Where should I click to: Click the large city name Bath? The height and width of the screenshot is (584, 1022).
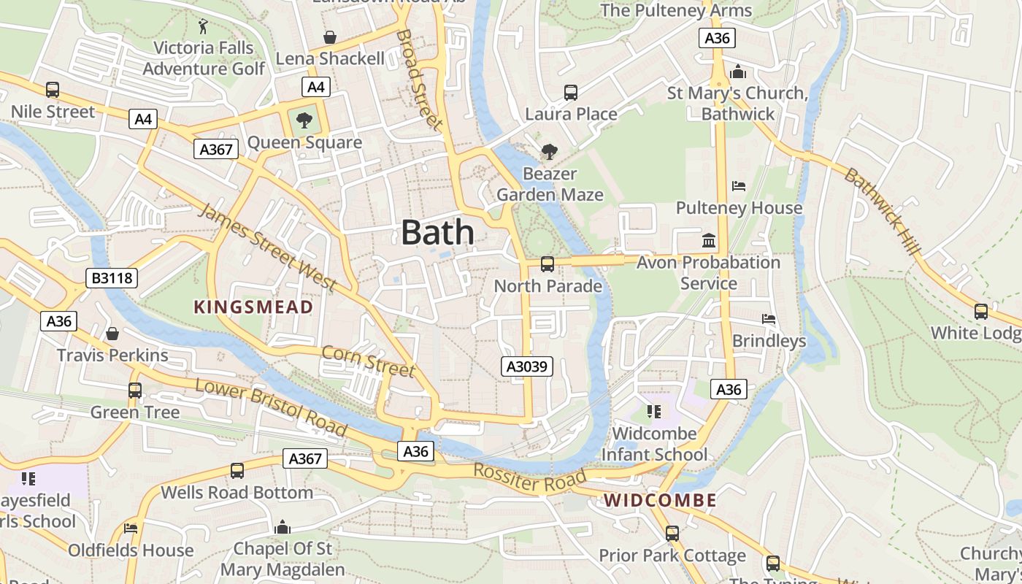[x=437, y=233]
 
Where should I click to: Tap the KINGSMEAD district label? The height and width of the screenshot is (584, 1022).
[x=253, y=307]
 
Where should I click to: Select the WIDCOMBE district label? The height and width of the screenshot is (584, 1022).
[x=661, y=501]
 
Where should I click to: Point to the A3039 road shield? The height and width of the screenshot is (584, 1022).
[x=527, y=366]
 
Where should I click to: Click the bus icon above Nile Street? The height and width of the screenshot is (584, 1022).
[x=53, y=90]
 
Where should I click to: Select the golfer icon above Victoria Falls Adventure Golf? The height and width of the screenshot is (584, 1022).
[x=203, y=27]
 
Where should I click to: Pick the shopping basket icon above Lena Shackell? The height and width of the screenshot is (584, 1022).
[x=330, y=36]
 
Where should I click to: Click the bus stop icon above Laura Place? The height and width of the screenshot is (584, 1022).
[x=571, y=93]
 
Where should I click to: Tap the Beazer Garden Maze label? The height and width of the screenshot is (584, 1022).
[x=550, y=185]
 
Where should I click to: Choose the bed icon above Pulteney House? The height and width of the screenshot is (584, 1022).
[x=739, y=186]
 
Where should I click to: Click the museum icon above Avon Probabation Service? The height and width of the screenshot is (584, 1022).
[x=708, y=240]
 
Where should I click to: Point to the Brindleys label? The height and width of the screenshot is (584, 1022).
[x=769, y=341]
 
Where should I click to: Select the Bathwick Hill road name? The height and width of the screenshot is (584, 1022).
[x=883, y=212]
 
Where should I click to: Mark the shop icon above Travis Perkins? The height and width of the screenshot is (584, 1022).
[x=112, y=334]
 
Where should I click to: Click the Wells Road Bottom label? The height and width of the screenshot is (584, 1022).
[x=237, y=492]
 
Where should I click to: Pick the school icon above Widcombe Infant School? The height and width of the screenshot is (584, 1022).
[x=653, y=412]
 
